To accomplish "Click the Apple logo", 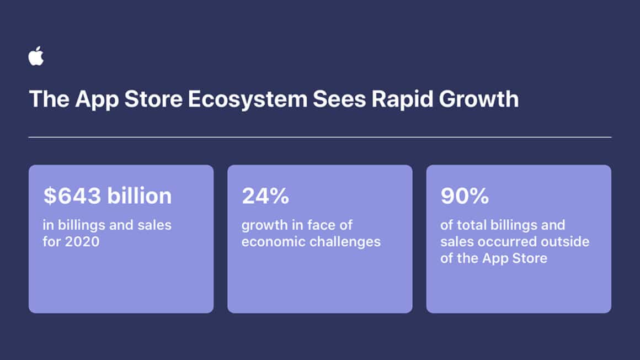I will coord(36,56).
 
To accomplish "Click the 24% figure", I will coord(265,196).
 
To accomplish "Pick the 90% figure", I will coord(464,196).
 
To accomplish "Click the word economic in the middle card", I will coord(270,241).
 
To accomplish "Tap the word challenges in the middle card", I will coord(347,241).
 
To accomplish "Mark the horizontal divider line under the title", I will coord(320,137).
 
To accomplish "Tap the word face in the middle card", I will coord(322,225).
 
